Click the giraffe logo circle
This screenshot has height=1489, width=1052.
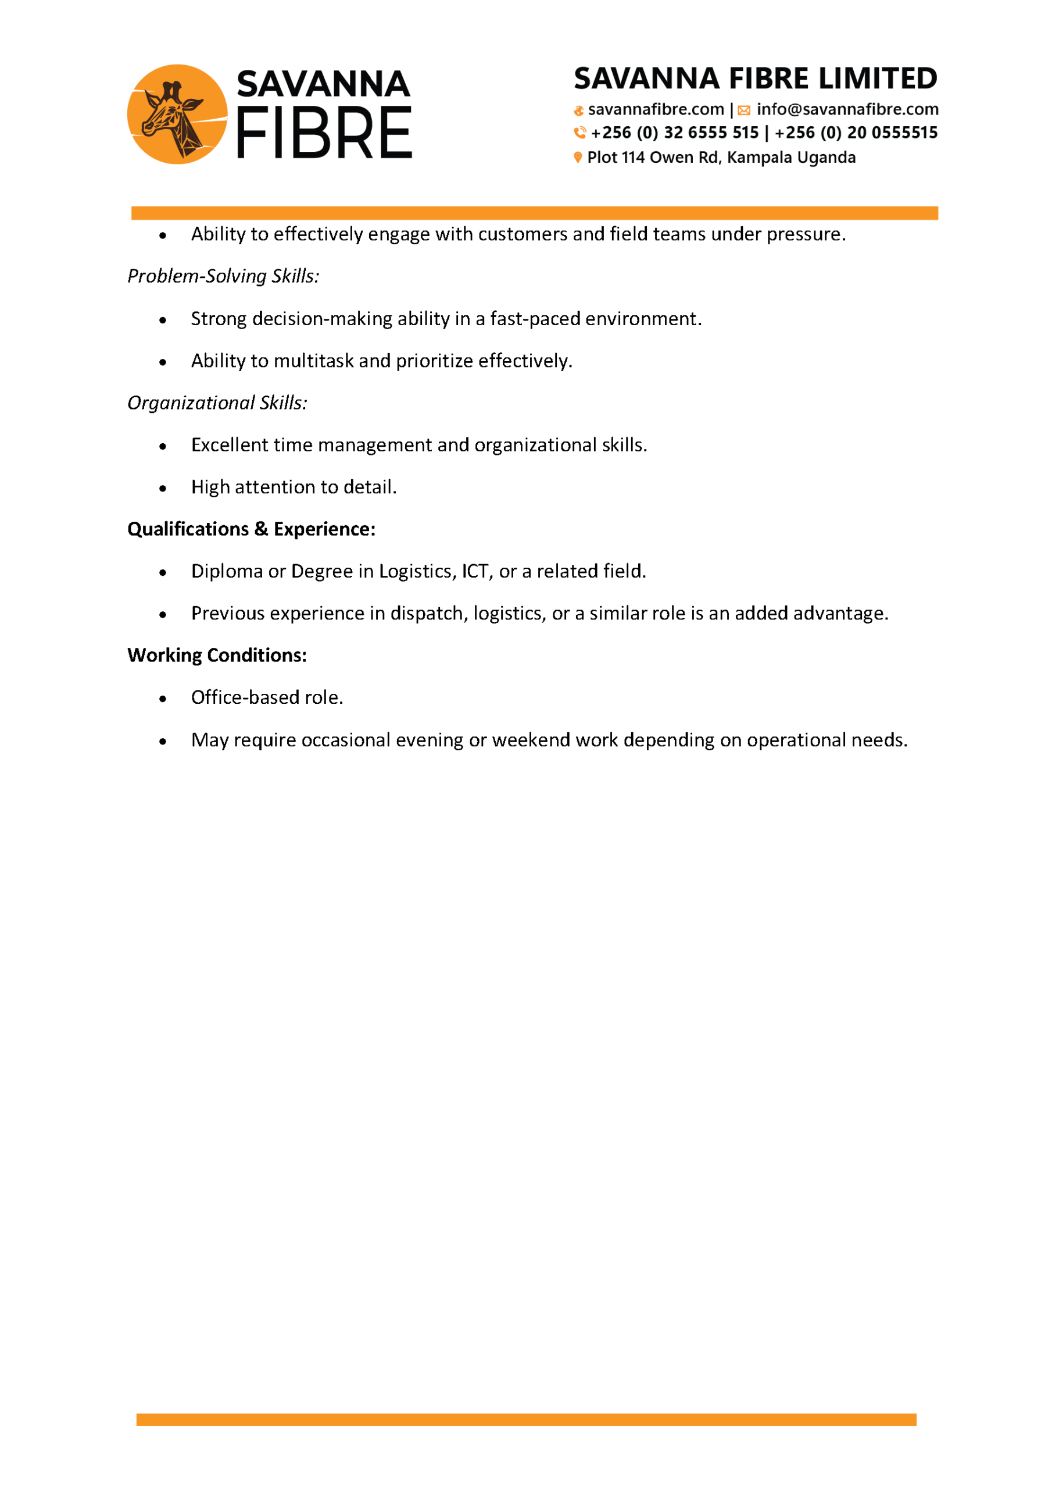tap(177, 114)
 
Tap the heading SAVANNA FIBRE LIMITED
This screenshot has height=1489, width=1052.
tap(755, 79)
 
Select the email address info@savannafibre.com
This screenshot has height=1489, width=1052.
tap(847, 109)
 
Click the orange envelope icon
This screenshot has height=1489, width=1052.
tap(743, 111)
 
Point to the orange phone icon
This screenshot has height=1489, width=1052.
tap(579, 133)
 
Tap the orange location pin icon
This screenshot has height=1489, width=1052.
tap(578, 158)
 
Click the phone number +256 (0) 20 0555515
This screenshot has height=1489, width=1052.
tap(856, 133)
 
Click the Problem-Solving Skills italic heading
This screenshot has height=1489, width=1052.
tap(223, 276)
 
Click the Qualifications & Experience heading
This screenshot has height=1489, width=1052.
tap(251, 529)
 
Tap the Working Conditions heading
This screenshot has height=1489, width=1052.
tap(216, 655)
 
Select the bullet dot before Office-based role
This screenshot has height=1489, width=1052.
tap(163, 699)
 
